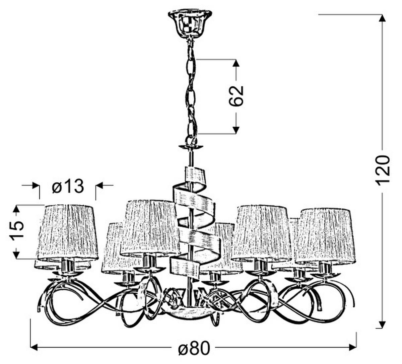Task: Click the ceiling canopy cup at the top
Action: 190,24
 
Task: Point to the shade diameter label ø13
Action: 68,186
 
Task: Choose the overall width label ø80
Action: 194,348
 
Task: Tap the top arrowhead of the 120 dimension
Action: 383,18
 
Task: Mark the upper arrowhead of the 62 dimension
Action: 237,63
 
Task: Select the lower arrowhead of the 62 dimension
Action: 237,130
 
